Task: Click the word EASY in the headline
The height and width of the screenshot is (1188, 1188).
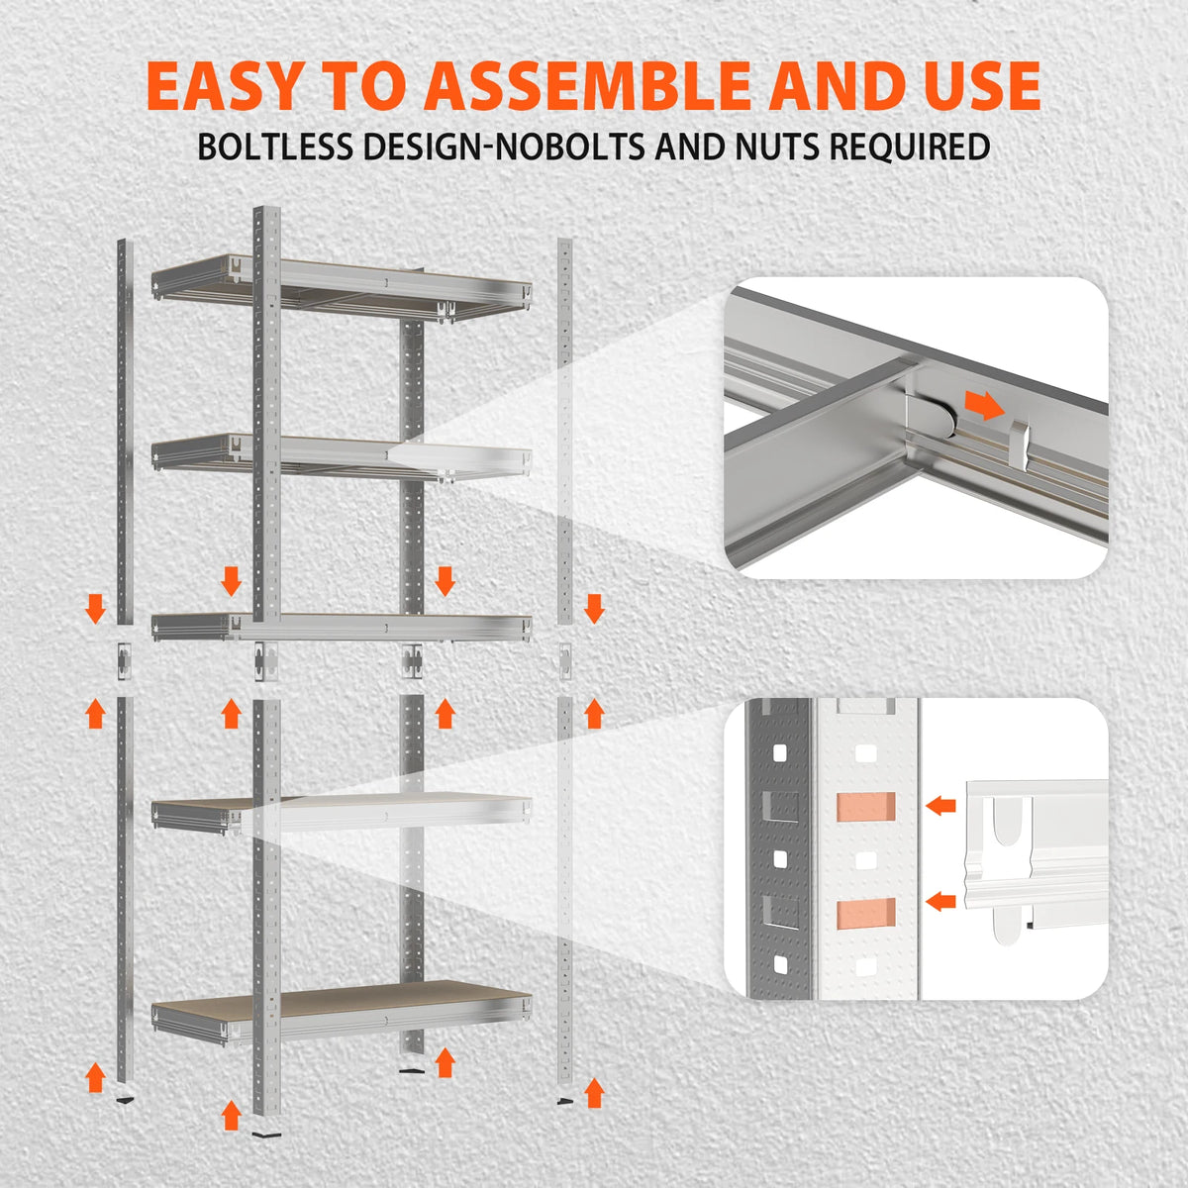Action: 224,85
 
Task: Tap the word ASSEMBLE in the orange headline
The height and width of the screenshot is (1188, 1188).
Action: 587,85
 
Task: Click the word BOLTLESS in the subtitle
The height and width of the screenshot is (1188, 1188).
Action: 275,147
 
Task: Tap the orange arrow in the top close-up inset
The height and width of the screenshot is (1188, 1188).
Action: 984,405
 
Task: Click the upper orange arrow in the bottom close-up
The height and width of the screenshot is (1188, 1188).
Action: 940,805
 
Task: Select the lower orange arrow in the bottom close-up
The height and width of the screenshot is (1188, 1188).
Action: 940,901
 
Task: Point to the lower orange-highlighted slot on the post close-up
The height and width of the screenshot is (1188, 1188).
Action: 866,914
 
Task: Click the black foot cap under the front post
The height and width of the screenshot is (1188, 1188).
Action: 266,1134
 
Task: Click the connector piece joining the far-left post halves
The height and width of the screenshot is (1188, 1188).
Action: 125,661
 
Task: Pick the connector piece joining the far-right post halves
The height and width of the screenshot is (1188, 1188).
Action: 564,661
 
